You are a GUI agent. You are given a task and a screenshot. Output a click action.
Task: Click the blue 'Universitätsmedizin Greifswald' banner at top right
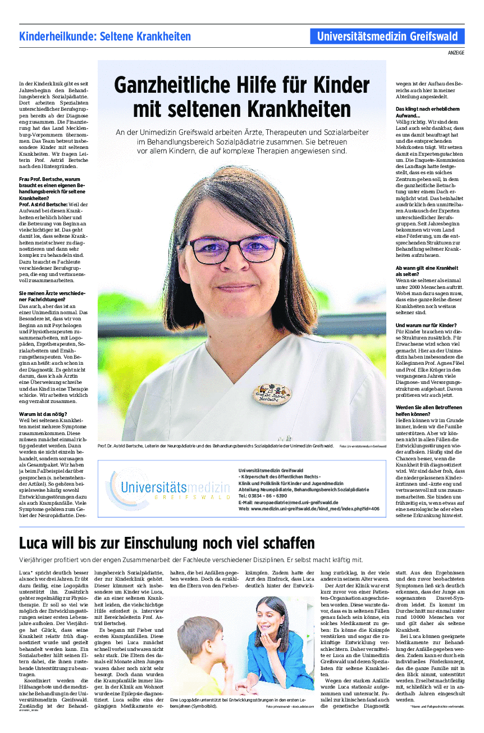click(x=387, y=37)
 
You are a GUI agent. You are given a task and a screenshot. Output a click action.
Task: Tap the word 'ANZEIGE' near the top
click(x=456, y=52)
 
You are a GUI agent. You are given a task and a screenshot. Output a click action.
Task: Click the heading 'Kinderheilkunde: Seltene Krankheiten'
click(x=105, y=37)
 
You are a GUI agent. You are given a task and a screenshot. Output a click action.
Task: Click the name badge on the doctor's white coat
click(x=272, y=393)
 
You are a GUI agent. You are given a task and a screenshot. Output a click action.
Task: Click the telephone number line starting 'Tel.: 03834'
click(x=263, y=496)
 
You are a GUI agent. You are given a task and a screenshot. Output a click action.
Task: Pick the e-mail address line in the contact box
click(x=288, y=502)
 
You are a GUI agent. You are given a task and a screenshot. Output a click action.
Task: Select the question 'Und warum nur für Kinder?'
click(x=426, y=325)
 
